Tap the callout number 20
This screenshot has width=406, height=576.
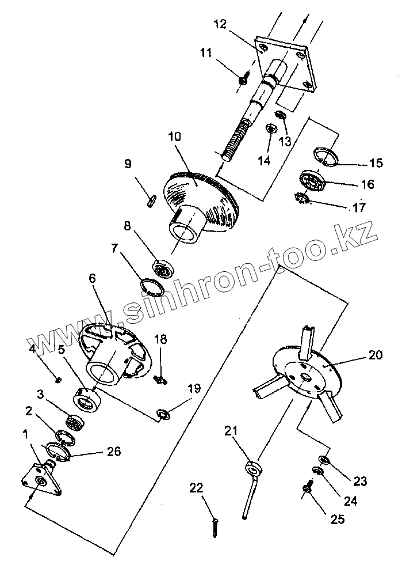375,355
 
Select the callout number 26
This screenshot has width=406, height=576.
113,452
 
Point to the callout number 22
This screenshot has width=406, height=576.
197,488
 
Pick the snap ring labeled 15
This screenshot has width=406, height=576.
325,156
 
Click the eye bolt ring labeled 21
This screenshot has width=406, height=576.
251,467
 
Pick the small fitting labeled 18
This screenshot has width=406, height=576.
161,378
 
